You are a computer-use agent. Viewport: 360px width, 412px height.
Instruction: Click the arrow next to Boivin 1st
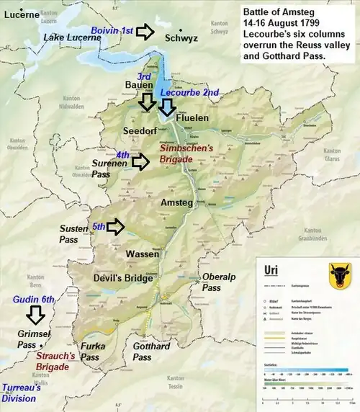146,31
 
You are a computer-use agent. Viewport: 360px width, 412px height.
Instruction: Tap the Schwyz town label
181,38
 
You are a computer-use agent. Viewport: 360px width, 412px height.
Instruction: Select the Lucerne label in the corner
20,14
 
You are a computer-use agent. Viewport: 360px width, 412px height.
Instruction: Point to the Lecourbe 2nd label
189,93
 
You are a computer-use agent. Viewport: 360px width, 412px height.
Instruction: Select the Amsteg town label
176,202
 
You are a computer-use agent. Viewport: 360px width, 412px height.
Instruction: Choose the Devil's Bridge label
122,278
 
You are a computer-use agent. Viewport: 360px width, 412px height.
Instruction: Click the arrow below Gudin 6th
35,316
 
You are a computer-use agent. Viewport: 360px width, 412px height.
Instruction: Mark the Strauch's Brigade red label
55,360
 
